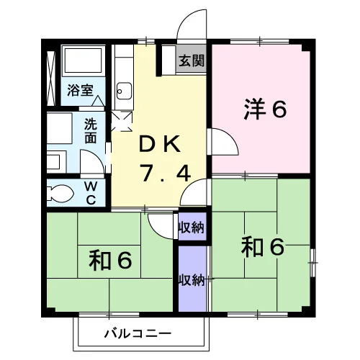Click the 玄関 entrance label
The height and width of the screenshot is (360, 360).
[x=192, y=60]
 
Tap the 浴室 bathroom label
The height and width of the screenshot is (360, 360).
[x=80, y=90]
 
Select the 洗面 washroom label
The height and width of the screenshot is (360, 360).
[x=91, y=131]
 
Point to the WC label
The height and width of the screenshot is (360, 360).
[x=91, y=193]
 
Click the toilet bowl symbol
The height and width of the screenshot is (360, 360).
[x=60, y=193]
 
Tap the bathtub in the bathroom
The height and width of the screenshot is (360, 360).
[x=83, y=60]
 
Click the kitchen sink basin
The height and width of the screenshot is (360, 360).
[x=124, y=91]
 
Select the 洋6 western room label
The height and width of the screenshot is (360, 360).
[x=265, y=109]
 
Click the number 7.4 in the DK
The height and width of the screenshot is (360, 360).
[x=166, y=172]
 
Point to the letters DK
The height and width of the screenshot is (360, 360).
[x=160, y=144]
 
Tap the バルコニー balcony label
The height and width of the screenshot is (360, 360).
[x=138, y=333]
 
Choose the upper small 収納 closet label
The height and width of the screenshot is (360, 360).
[x=192, y=227]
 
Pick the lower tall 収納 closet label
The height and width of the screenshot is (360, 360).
[x=192, y=279]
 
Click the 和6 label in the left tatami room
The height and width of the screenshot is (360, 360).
[x=110, y=260]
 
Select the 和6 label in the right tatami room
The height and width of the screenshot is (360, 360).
[x=263, y=246]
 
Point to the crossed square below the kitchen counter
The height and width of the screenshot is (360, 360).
[x=122, y=121]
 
